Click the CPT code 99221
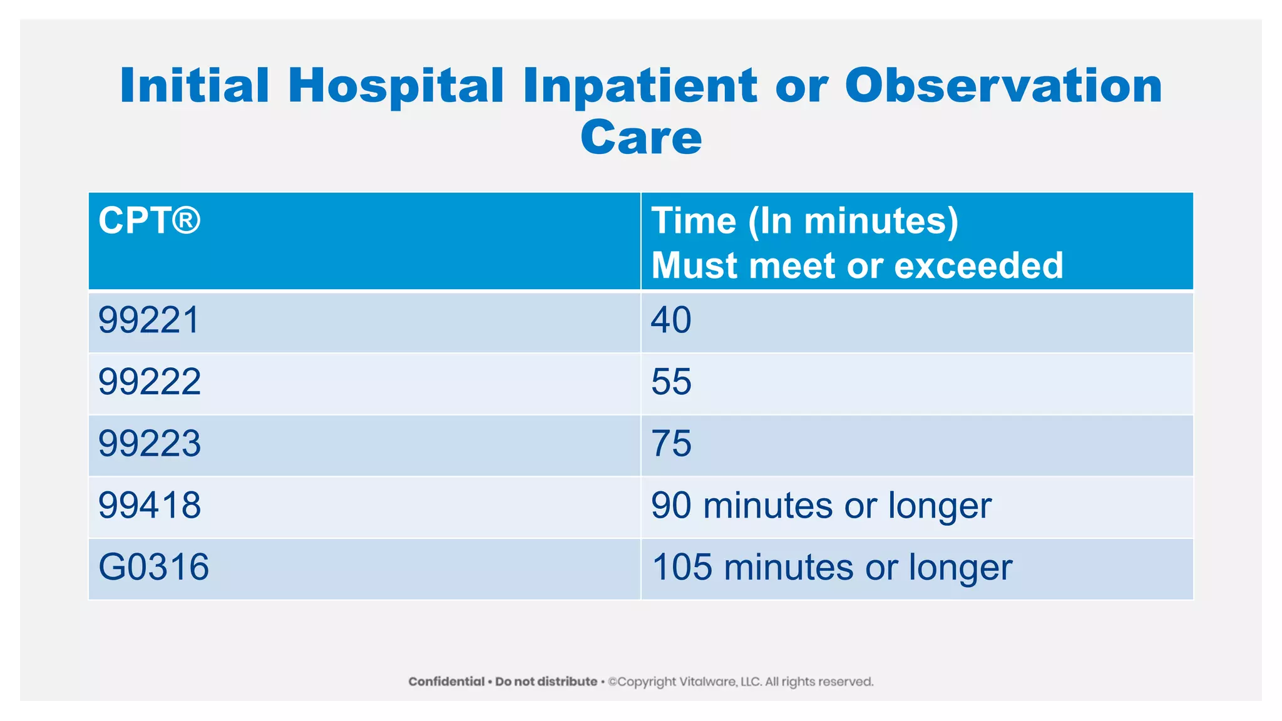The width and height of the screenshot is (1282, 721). [149, 320]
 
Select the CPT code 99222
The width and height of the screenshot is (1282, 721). [150, 382]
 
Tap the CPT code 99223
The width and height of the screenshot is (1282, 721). [150, 444]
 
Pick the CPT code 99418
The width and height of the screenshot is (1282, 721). [150, 506]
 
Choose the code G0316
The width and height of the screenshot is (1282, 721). [154, 568]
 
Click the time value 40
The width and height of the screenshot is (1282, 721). [671, 320]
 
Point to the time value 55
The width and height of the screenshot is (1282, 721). [671, 382]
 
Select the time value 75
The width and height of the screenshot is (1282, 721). [671, 444]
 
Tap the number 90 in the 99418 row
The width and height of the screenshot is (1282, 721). [671, 506]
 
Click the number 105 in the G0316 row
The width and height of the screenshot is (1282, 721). [682, 568]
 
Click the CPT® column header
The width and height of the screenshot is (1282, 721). [149, 221]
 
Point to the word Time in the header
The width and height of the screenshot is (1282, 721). [694, 221]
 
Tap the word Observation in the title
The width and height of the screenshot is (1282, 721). [1003, 86]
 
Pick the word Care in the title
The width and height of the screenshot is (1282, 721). [641, 138]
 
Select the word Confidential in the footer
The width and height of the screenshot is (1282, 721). [446, 682]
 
